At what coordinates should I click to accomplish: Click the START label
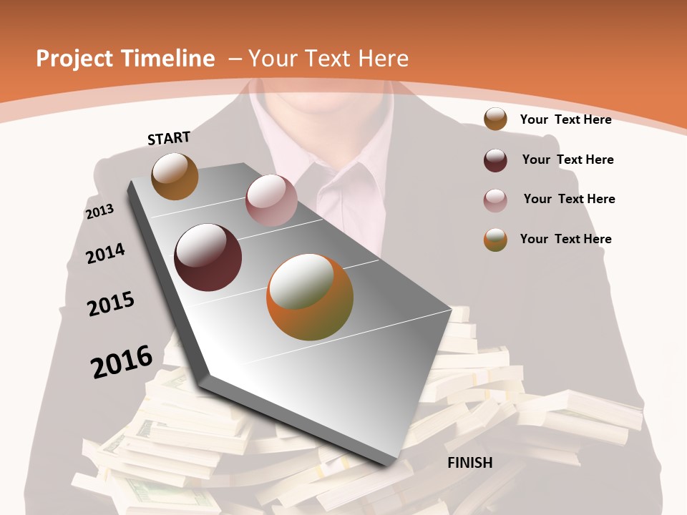(x=169, y=137)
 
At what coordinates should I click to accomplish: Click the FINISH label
(x=470, y=463)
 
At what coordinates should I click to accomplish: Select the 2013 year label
(x=99, y=212)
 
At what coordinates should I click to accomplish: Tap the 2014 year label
(x=105, y=253)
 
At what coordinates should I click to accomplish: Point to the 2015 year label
(x=111, y=304)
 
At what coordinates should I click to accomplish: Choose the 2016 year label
(x=122, y=361)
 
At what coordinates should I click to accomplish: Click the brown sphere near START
(x=175, y=176)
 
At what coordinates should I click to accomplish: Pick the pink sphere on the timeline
(x=271, y=200)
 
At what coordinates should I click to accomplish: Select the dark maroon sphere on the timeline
(x=208, y=257)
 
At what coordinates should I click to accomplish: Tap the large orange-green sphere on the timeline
(x=310, y=297)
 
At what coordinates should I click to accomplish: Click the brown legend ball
(x=495, y=119)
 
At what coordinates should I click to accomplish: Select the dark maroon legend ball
(x=495, y=160)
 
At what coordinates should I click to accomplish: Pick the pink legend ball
(x=495, y=200)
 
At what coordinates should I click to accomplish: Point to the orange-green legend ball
(x=495, y=240)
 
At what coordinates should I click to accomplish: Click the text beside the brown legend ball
(x=565, y=119)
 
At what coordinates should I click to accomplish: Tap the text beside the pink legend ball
(x=569, y=199)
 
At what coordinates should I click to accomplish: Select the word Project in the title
(x=74, y=59)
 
